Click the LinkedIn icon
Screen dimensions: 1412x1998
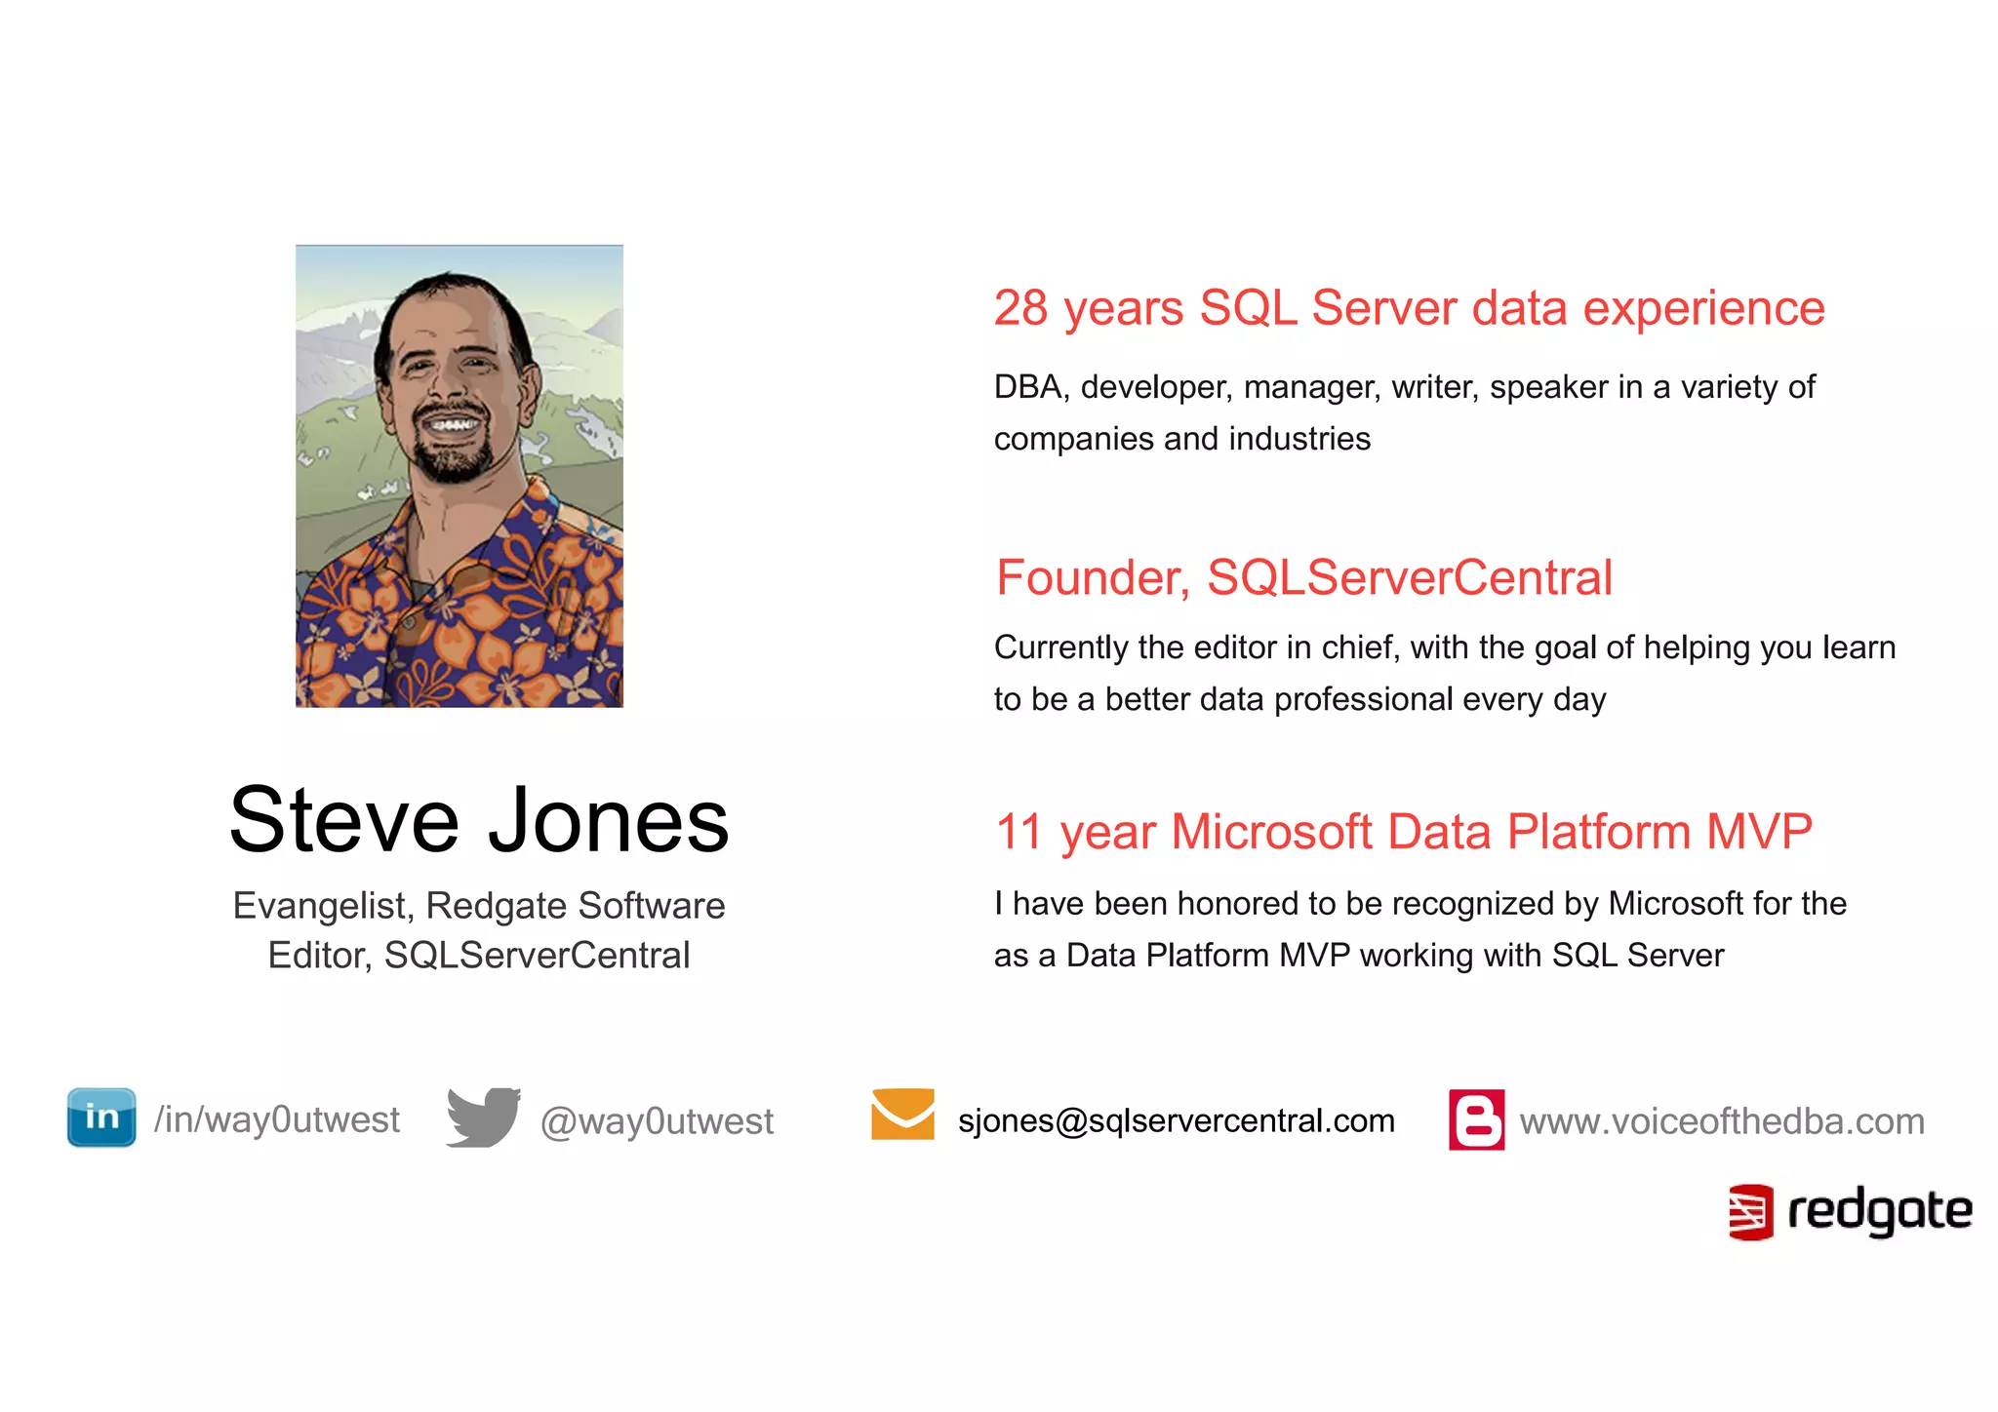click(x=101, y=1118)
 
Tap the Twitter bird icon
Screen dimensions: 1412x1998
click(x=483, y=1118)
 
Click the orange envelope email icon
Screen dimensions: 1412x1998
click(x=902, y=1114)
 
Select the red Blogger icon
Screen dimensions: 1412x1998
click(x=1476, y=1119)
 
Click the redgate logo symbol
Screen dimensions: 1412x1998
click(x=1750, y=1212)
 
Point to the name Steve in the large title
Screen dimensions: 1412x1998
click(x=343, y=821)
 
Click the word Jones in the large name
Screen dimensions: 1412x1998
click(x=608, y=821)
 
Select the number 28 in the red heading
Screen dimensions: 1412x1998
click(x=1020, y=308)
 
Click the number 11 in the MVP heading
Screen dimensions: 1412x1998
click(x=1019, y=832)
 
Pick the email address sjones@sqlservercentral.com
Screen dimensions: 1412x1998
click(x=1176, y=1120)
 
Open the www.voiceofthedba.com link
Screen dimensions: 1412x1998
click(x=1722, y=1121)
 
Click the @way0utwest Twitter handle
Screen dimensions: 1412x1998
click(x=657, y=1121)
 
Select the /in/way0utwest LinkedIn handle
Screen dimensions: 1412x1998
click(x=277, y=1119)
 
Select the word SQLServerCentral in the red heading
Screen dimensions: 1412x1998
click(x=1410, y=577)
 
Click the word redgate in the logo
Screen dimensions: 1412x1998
click(x=1879, y=1212)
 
